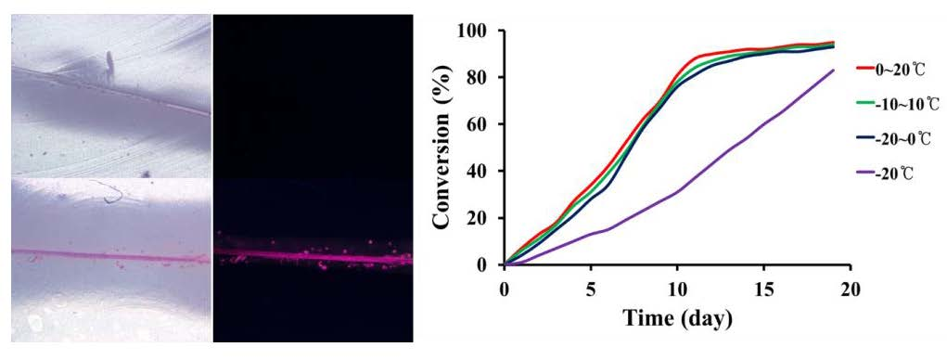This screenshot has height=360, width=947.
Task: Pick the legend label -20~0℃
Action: (x=896, y=140)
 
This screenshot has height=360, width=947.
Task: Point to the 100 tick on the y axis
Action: (x=479, y=31)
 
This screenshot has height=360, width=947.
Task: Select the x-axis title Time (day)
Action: (x=677, y=317)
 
